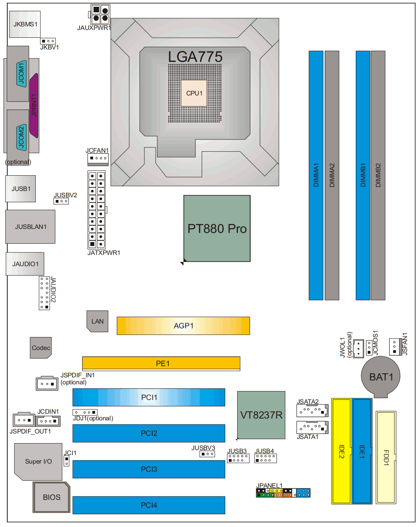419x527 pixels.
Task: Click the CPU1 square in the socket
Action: [194, 93]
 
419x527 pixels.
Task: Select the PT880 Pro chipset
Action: [217, 228]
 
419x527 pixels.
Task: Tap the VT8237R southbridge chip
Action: [261, 415]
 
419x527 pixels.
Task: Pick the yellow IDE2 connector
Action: [341, 451]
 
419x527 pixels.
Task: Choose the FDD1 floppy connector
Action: [386, 457]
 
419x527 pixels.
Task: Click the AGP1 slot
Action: [183, 326]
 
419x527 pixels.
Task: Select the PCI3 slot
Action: [148, 469]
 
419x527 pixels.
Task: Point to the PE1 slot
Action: [161, 363]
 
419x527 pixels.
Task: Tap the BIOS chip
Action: [51, 497]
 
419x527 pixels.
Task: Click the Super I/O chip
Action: [38, 461]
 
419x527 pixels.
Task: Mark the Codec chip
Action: [41, 348]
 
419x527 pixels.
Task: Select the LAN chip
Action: [97, 321]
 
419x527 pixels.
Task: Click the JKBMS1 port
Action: [25, 24]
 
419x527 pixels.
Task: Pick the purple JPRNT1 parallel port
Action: [34, 106]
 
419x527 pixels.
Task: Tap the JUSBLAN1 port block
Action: [30, 227]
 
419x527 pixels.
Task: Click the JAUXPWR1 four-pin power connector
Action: [100, 14]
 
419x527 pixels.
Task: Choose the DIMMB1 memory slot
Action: [363, 175]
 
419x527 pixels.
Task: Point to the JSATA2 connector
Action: [312, 411]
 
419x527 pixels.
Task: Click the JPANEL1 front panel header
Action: [283, 493]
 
